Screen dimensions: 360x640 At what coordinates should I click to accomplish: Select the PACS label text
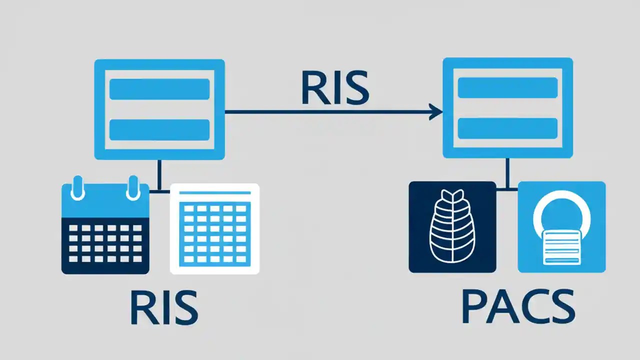(518, 306)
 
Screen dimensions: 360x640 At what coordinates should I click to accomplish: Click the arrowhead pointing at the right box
(436, 112)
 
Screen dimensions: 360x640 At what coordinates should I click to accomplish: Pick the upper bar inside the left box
(159, 89)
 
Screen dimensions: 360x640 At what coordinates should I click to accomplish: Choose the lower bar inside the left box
(159, 129)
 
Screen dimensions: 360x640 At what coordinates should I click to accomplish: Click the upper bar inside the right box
(507, 87)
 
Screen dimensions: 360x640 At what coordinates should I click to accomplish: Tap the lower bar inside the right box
(507, 128)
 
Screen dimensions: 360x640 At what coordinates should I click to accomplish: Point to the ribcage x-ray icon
(452, 227)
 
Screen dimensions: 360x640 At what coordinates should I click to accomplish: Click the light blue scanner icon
(561, 227)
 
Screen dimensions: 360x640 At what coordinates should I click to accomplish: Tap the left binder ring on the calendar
(77, 188)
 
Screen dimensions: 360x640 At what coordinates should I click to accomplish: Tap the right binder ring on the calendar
(133, 188)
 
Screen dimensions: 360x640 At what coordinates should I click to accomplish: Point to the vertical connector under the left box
(159, 175)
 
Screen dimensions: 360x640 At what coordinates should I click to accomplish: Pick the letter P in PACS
(474, 306)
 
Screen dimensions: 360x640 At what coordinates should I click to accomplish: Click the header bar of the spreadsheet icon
(214, 192)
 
